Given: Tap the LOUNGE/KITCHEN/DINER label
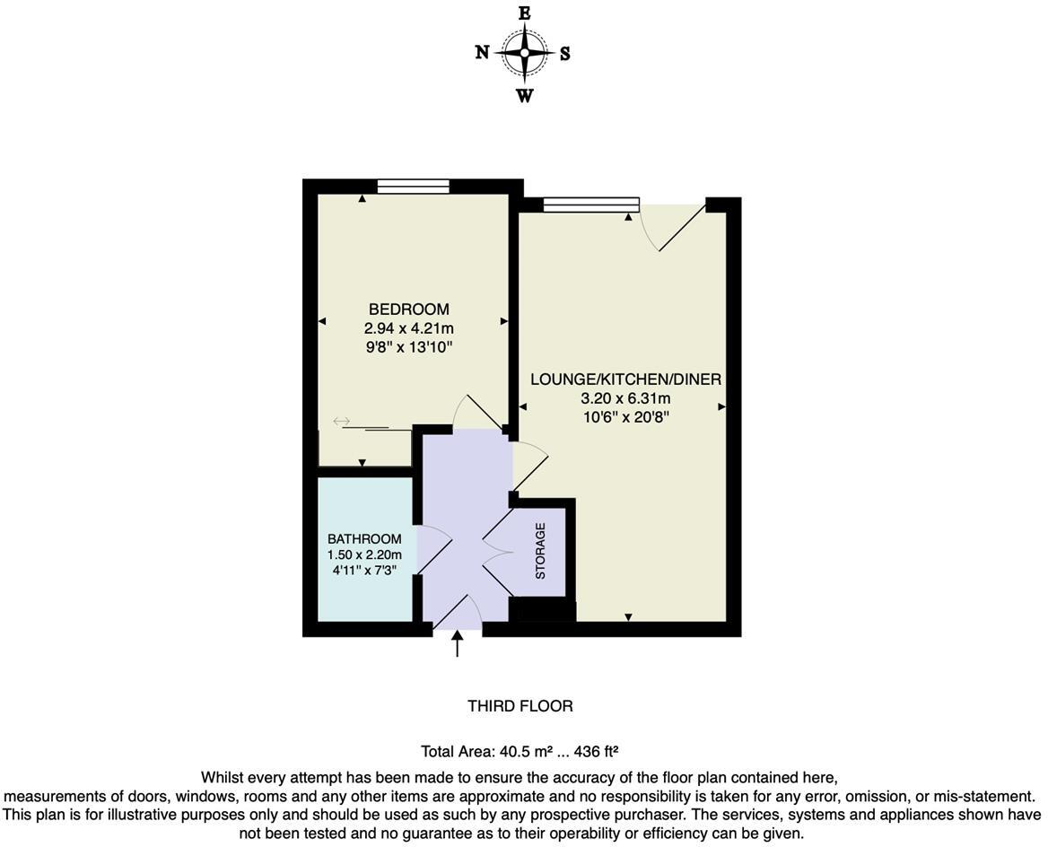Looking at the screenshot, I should coord(625,380).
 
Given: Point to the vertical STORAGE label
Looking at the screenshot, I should coord(540,550).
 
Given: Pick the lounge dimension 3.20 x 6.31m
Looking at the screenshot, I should coord(625,398).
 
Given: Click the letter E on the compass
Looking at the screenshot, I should coord(525,13).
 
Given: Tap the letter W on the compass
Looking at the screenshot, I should coord(525,95).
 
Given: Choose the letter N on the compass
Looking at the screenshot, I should coord(482,53).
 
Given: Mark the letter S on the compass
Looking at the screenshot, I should coord(565,53).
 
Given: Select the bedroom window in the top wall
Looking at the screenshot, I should coord(413,187).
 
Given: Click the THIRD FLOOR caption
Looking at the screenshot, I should coord(520,706).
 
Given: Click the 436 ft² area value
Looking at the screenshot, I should coord(602,752).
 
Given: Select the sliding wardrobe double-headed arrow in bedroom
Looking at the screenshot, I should coord(341,421).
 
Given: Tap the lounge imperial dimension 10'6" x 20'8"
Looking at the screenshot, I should coord(625,417).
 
